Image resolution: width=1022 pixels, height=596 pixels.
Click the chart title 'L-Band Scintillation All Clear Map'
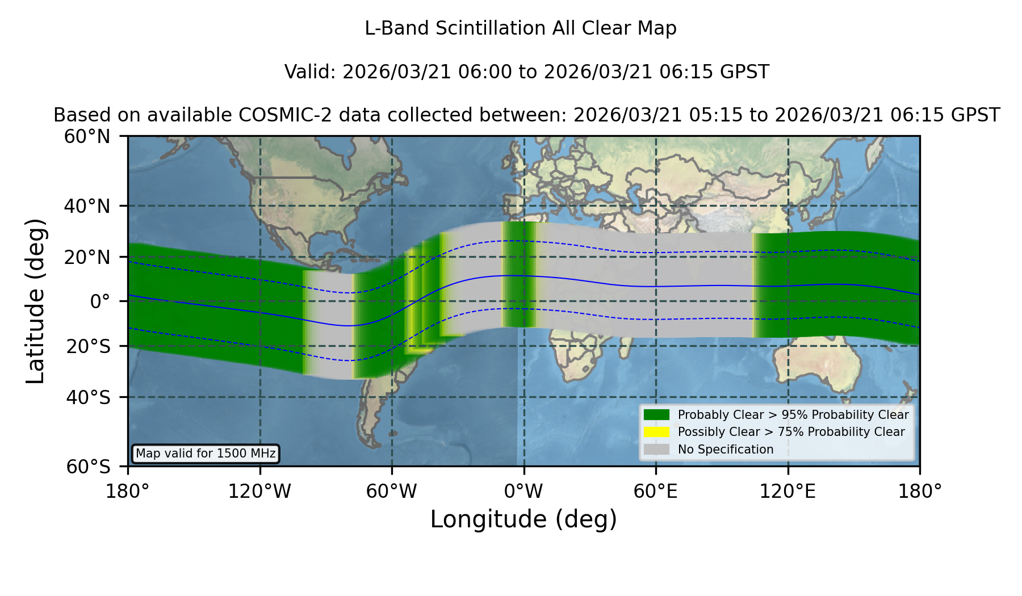pos(520,28)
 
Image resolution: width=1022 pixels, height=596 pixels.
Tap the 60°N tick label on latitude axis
pos(87,137)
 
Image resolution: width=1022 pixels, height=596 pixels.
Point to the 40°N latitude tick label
pos(87,206)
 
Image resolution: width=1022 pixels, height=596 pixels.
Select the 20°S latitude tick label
pos(89,346)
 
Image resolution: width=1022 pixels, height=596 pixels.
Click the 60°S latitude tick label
pos(89,467)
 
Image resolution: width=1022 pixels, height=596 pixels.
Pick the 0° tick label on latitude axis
pos(100,301)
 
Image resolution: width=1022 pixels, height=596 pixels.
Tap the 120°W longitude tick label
pos(259,492)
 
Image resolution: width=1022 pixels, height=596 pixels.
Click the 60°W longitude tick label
pos(392,492)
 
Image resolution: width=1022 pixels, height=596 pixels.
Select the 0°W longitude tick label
pos(523,492)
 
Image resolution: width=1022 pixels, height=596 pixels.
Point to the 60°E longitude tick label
pos(656,492)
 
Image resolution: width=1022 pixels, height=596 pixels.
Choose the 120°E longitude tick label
pos(788,492)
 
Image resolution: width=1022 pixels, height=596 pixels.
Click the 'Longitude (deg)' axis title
pos(523,519)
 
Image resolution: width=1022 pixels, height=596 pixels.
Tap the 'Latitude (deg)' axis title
pos(35,301)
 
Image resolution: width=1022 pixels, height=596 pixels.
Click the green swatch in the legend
pos(657,415)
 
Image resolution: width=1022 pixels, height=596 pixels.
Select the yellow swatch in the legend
pos(657,432)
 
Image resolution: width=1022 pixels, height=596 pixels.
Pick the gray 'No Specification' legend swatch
pos(657,450)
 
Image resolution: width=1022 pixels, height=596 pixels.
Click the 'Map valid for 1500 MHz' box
pos(206,454)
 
